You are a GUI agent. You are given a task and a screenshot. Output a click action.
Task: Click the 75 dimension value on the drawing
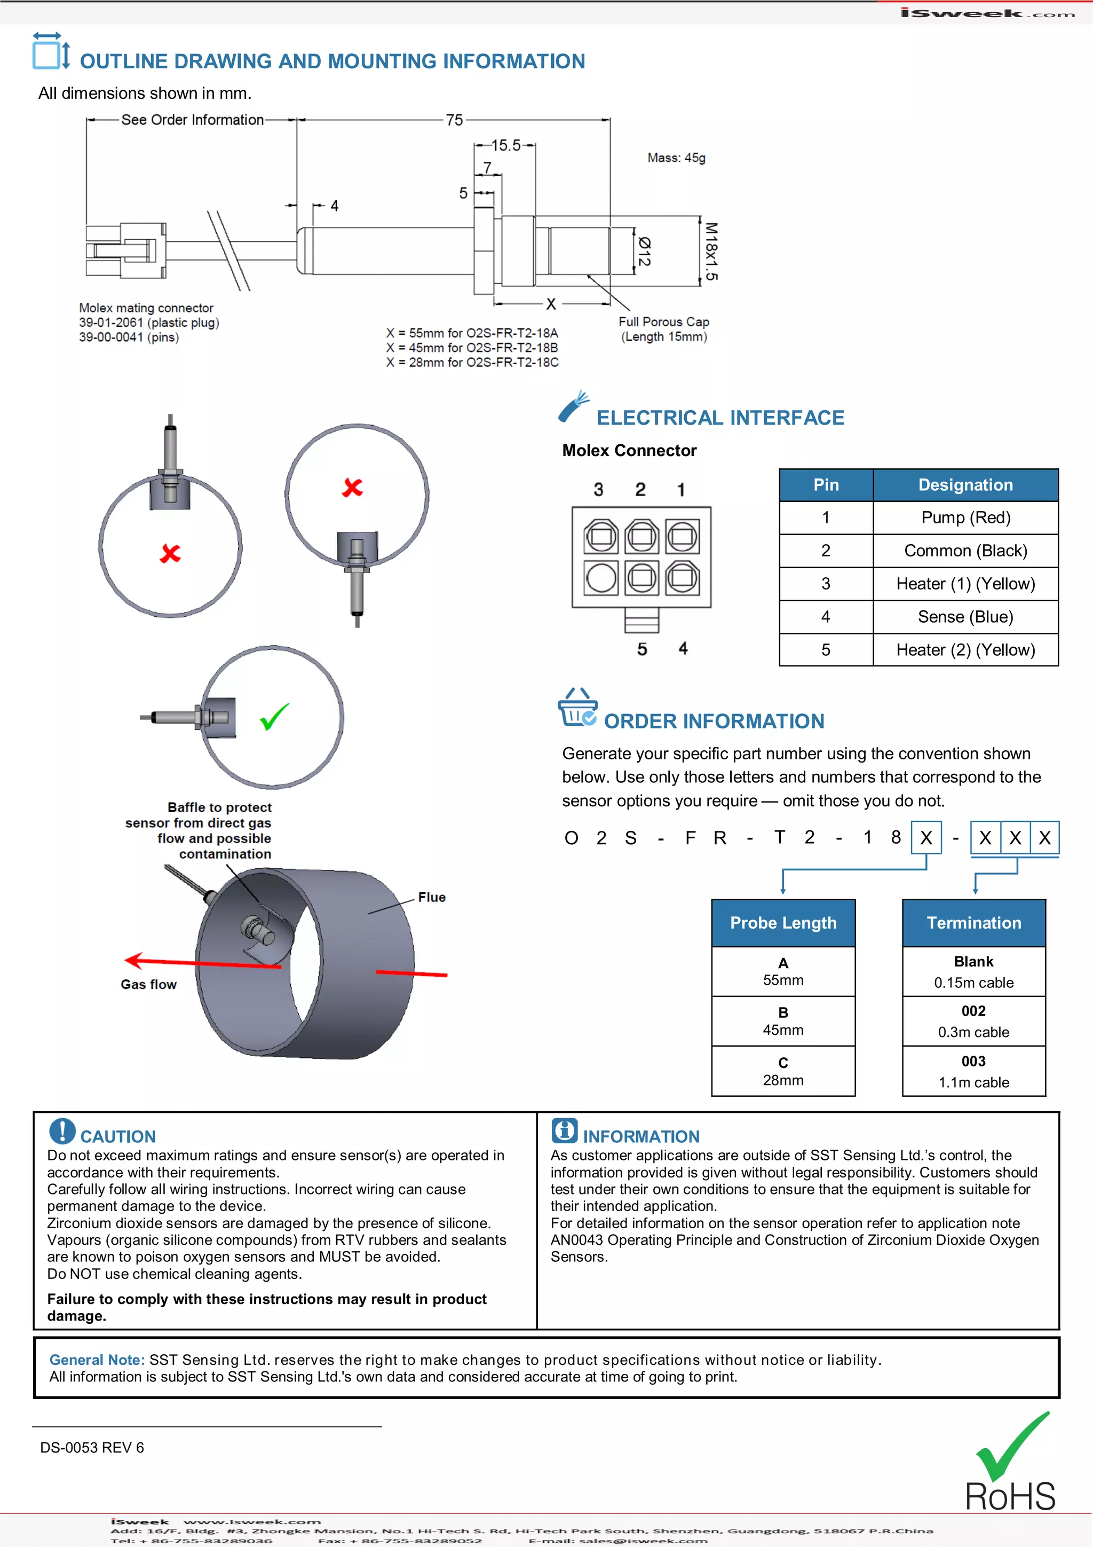coord(455,120)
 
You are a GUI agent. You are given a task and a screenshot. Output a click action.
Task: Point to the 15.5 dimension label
coord(506,145)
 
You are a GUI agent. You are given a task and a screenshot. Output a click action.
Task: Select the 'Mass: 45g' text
coord(676,158)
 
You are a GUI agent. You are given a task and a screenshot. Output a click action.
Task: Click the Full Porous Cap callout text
coord(663,329)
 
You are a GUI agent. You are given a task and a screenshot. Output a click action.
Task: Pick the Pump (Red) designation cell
coord(965,517)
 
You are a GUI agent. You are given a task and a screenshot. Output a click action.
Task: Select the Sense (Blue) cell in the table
coord(965,617)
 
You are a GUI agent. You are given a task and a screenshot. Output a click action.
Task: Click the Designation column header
coord(965,485)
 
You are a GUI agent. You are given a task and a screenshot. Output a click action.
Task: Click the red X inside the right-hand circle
coord(352,487)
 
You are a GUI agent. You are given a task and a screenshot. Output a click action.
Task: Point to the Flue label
coord(432,897)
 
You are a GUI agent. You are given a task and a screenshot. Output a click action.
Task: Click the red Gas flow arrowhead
coord(133,960)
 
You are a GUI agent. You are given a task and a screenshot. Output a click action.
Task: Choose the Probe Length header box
coord(783,922)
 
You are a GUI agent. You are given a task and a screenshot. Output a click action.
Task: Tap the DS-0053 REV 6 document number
coord(92,1447)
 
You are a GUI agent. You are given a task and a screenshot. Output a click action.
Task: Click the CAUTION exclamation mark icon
coord(62,1131)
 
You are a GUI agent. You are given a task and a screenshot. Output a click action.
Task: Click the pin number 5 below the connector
coord(642,649)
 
